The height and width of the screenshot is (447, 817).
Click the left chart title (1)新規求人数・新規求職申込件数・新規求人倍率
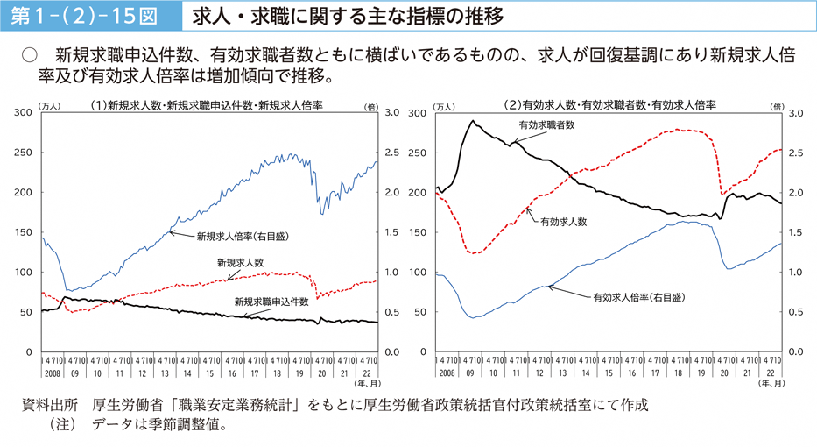point(207,104)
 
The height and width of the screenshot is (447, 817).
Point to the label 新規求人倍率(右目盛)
point(243,236)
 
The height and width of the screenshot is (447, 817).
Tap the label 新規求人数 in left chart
point(240,262)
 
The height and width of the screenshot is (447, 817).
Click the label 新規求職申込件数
point(271,301)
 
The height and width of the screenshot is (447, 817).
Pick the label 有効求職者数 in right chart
point(546,125)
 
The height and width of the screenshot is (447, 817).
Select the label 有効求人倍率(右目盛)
point(639,297)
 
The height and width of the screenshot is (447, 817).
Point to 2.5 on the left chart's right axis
point(391,153)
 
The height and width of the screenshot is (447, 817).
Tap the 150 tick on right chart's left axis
point(418,232)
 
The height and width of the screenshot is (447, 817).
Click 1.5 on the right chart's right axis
point(796,232)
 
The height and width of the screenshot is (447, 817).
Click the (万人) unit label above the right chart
point(444,107)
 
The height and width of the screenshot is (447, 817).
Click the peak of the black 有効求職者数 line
point(474,121)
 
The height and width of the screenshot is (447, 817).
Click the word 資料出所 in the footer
point(49,405)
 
